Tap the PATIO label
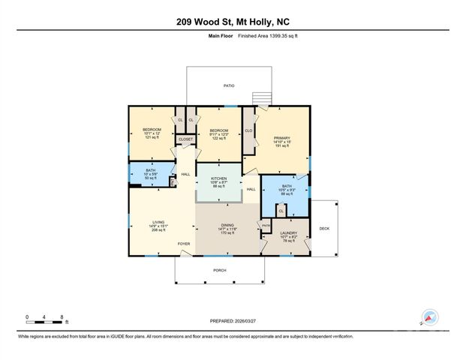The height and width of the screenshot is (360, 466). point(228,86)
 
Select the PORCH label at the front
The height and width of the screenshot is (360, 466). point(219,270)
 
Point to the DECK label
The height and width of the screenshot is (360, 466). point(324,229)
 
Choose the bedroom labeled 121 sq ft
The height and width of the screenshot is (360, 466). point(152,134)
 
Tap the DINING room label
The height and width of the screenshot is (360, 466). point(228,229)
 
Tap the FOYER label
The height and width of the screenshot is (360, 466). point(184,244)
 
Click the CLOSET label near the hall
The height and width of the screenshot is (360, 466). point(185,139)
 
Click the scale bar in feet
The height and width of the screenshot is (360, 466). point(44,322)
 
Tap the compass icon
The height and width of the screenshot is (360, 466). point(428,317)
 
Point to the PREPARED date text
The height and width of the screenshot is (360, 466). point(233,320)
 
